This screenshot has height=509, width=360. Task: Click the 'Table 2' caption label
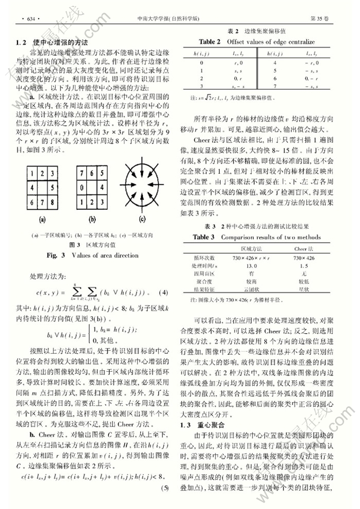[x=210, y=41]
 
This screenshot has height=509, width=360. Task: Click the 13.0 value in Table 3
[x=251, y=266]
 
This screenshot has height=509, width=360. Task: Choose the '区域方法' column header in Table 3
[x=251, y=248]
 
